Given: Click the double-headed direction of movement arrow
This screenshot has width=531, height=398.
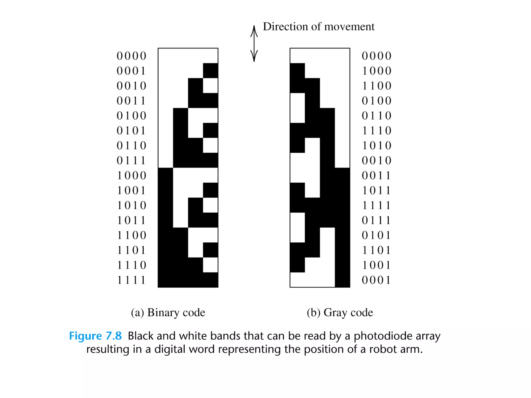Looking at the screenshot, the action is [x=254, y=44].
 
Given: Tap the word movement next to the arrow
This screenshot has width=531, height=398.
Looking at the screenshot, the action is [x=349, y=27].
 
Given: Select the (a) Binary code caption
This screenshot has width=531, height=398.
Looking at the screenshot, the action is [x=168, y=312].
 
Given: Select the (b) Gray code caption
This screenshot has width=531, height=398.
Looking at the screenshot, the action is [x=340, y=312].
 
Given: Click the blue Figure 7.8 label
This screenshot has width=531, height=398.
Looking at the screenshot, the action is [x=95, y=336].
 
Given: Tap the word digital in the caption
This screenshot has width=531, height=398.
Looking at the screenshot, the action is [x=170, y=349].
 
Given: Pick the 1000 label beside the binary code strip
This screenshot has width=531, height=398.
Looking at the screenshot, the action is [x=131, y=176].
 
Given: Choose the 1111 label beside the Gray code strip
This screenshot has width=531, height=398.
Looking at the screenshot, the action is [x=376, y=205].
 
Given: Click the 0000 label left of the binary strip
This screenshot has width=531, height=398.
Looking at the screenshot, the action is [x=131, y=56].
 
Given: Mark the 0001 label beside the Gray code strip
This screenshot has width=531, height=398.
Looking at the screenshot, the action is [x=376, y=280].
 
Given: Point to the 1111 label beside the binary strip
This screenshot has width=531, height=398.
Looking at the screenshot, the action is [x=131, y=280].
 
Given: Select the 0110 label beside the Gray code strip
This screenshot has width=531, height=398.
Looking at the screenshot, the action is [x=376, y=116].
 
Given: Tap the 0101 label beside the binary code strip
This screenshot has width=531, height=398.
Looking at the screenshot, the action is [x=131, y=131].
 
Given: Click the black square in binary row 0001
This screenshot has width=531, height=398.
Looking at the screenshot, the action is [x=211, y=71].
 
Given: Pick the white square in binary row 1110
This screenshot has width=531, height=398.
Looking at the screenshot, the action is [x=210, y=265].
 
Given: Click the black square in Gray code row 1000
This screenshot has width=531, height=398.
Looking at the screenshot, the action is [x=297, y=71].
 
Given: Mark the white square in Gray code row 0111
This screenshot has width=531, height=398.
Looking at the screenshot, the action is [x=297, y=220].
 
